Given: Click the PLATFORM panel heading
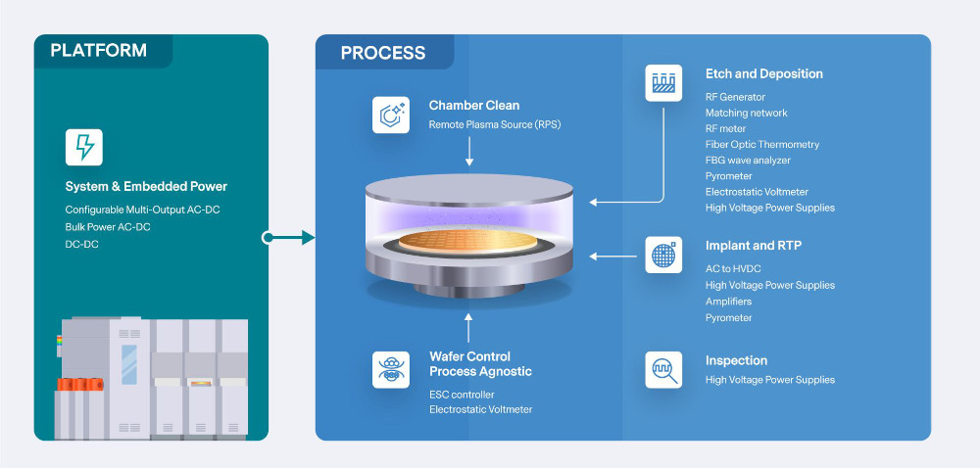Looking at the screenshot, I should (98, 51).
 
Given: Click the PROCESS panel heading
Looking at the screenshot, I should (383, 54).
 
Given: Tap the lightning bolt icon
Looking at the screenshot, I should (84, 147).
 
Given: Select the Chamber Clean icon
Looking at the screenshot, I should (390, 114).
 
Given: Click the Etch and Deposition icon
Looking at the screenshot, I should (663, 82).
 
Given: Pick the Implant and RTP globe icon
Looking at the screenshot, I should (663, 255).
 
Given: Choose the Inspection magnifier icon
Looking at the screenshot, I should (663, 370).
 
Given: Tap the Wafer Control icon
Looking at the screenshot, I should (390, 370).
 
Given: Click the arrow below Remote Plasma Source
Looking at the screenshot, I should (469, 151).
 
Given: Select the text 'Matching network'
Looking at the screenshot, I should (747, 113).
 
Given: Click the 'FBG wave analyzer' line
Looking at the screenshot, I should (748, 161).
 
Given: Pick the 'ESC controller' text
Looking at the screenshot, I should (462, 394).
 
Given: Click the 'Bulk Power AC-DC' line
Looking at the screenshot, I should (108, 227).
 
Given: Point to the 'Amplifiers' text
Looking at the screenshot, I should (728, 302).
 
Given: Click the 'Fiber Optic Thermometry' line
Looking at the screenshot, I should (762, 145).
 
